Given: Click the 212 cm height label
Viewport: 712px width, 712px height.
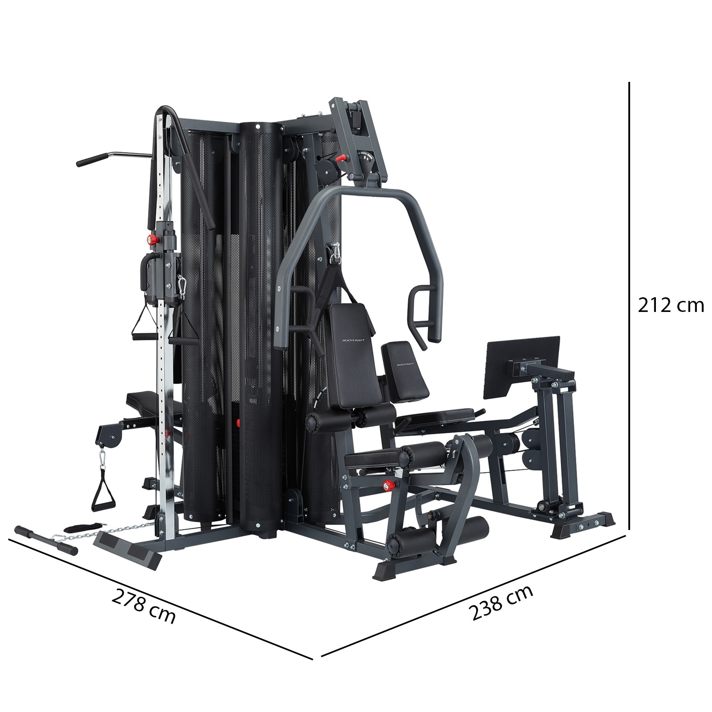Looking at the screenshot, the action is (x=671, y=306).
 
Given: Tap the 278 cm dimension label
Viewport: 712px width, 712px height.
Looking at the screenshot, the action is (x=143, y=606).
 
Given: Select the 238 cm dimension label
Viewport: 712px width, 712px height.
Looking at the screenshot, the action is (x=501, y=603).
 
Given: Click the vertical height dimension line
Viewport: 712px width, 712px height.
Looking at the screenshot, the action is (x=629, y=312).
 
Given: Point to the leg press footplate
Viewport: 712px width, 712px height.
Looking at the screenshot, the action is (x=521, y=367).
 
